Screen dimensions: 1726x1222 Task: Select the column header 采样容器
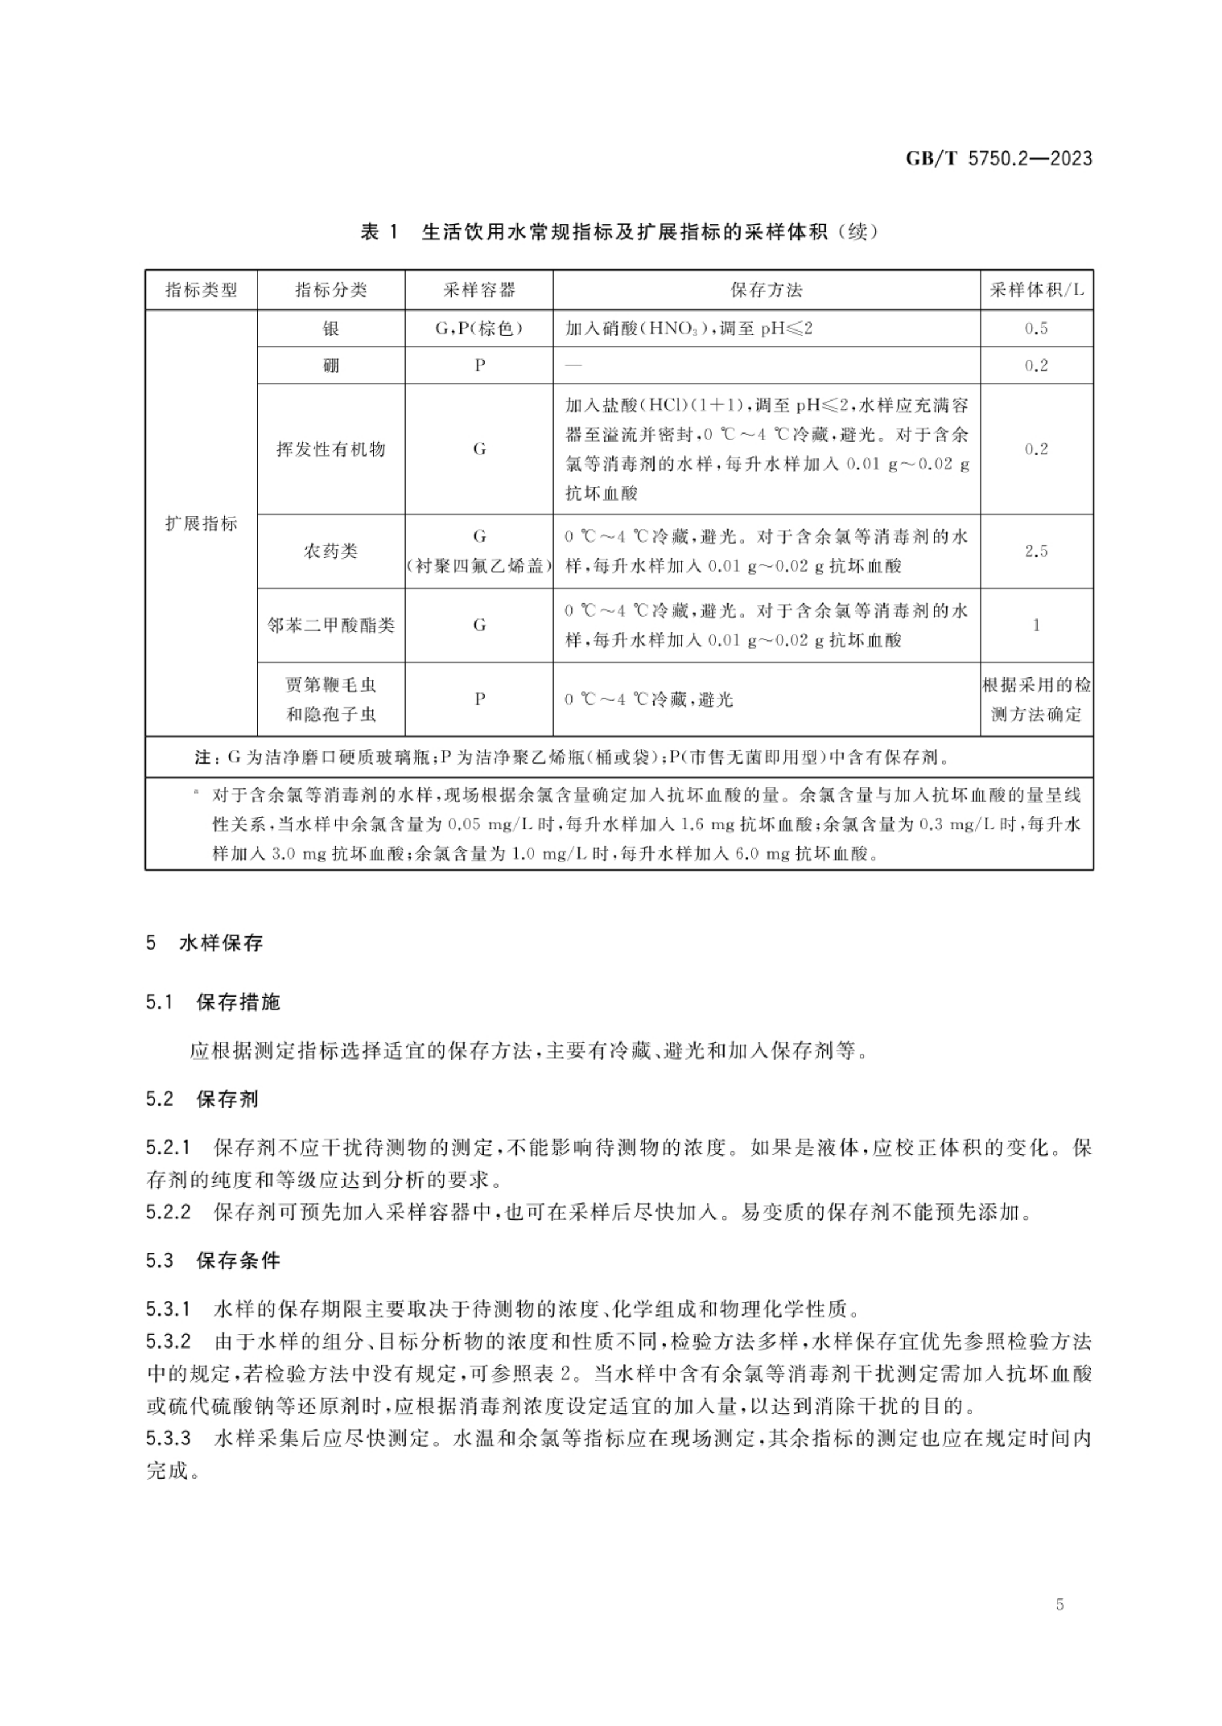(x=480, y=290)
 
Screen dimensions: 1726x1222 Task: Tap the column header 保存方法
(x=766, y=290)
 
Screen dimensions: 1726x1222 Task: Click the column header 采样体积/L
(x=1036, y=290)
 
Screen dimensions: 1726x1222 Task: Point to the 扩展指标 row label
(x=201, y=523)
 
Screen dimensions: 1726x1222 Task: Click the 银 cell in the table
(x=330, y=328)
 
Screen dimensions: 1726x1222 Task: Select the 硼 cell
(x=330, y=366)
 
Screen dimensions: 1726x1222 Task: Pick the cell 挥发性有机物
(x=330, y=449)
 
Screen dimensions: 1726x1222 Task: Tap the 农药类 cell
(x=330, y=551)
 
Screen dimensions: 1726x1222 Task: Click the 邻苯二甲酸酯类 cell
(x=330, y=625)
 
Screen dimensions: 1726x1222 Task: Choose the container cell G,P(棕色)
(x=480, y=328)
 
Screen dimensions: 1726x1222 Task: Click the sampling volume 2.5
(x=1036, y=551)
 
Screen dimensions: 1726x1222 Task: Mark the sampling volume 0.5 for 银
(x=1036, y=328)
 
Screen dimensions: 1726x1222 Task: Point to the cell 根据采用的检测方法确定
(x=1036, y=699)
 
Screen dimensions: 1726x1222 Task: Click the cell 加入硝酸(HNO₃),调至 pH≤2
(x=689, y=329)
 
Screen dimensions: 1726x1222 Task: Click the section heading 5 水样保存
(x=205, y=943)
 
